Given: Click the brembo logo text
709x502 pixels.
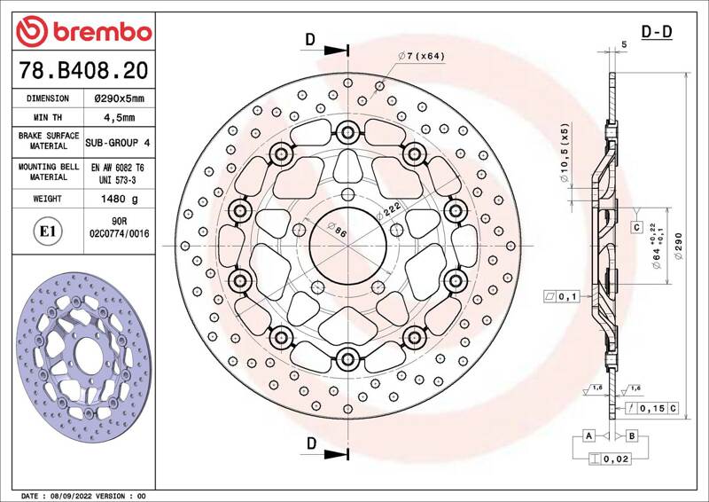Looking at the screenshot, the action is coord(102,32).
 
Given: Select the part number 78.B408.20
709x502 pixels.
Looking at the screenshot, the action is coord(83,71).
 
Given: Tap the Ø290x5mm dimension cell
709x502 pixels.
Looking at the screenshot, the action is coord(119,98).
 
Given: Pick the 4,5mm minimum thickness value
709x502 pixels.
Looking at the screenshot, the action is coord(119,118).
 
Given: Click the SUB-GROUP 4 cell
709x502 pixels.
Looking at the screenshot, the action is coord(118,143).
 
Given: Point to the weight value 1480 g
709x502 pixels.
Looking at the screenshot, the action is coord(120,199).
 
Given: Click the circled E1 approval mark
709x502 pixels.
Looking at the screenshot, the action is coord(48,231).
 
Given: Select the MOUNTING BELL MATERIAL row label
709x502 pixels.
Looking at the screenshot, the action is coord(49,172).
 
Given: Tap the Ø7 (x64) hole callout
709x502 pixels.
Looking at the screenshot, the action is coord(421,56).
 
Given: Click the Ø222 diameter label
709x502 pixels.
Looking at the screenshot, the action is coord(388,210).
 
